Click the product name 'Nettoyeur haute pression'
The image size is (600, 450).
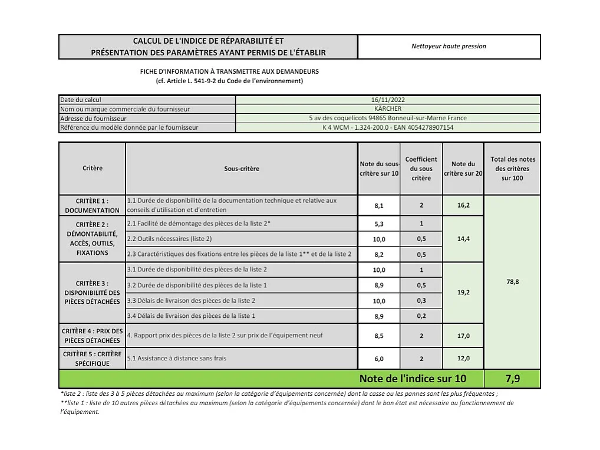[x=449, y=47]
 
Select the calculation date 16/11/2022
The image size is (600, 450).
[x=388, y=100]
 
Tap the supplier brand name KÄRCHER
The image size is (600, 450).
[x=388, y=109]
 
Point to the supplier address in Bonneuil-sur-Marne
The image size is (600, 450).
[x=388, y=118]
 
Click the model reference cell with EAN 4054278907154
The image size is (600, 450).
[x=388, y=127]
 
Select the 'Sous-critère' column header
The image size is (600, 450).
[x=241, y=169]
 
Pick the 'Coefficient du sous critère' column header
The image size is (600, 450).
[x=421, y=169]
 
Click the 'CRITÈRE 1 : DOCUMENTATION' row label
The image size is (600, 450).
[x=92, y=205]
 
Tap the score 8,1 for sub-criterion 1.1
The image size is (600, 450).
[x=379, y=206]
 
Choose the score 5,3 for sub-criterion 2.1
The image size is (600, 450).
[x=379, y=224]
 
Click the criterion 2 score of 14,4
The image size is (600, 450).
[x=463, y=239]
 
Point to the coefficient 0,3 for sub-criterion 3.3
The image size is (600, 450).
[x=421, y=301]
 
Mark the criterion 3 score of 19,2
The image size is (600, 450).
[x=463, y=293]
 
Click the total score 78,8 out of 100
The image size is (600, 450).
[x=512, y=282]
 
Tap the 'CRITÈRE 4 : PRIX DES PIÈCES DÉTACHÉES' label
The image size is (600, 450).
[x=92, y=336]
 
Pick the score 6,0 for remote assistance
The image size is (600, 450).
[x=379, y=359]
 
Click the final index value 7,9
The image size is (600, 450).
[x=512, y=379]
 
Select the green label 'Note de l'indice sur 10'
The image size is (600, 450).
[x=413, y=379]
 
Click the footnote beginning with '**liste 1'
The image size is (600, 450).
[x=286, y=408]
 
